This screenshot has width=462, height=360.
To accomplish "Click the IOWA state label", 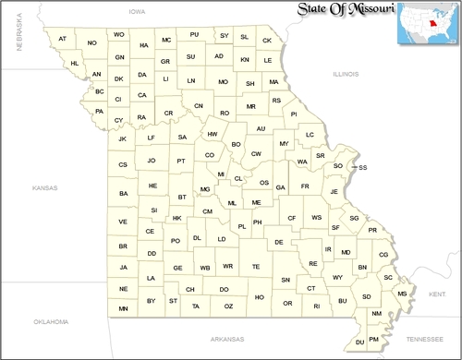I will tap(138, 13).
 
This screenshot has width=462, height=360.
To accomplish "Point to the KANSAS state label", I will tap(43, 187).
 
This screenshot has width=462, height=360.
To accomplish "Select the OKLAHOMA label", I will tap(50, 322).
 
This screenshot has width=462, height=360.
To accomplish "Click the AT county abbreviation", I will tap(63, 39).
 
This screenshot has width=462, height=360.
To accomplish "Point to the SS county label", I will tap(363, 167).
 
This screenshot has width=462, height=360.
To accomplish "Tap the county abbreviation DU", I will tap(360, 342).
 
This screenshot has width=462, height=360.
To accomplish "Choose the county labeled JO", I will tap(152, 161).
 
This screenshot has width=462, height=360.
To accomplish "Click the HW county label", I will tap(212, 134).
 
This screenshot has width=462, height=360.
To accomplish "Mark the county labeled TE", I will tap(256, 267).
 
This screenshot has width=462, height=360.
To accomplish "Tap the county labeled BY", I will tap(151, 301).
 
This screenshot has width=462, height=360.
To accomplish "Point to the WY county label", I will tap(338, 277).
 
